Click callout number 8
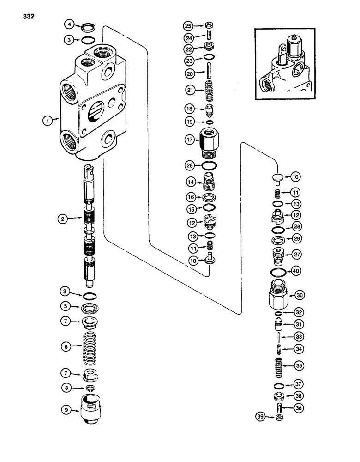point(68,388)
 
